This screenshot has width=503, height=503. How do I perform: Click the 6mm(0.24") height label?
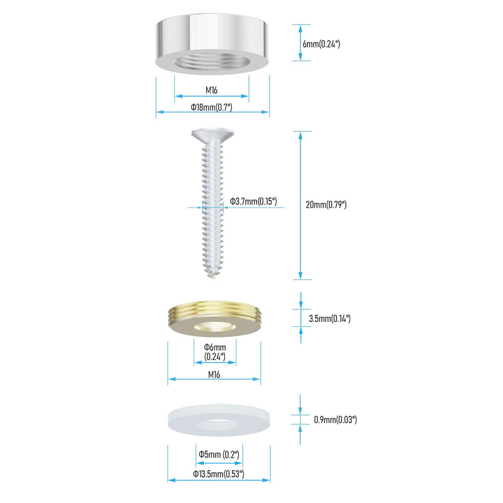point(321,43)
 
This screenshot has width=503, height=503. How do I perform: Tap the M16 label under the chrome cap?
point(211,90)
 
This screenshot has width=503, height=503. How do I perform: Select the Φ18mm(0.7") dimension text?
point(211,107)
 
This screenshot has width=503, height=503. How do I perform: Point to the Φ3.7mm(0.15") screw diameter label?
point(253,201)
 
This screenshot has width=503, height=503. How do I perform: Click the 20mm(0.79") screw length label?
point(326,205)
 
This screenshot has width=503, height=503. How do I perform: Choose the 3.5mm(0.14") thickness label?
point(329,319)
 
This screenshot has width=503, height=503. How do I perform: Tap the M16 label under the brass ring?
point(214,374)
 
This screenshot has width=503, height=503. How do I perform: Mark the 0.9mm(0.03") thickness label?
point(335,419)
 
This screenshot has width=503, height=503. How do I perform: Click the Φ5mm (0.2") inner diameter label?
point(219,454)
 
